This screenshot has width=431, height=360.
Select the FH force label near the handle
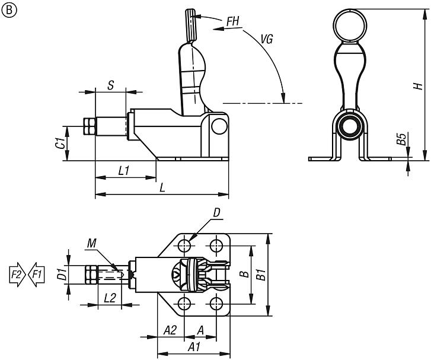click(x=233, y=21)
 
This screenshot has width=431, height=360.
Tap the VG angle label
click(x=267, y=40)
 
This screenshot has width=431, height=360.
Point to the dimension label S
click(x=110, y=85)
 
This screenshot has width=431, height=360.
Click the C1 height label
click(x=59, y=143)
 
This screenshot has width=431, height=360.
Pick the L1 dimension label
click(x=124, y=171)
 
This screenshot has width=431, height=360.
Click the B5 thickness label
click(x=401, y=139)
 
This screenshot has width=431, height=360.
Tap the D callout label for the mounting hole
click(x=216, y=212)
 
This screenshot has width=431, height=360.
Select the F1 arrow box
click(x=36, y=275)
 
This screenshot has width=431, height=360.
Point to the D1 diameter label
click(x=60, y=275)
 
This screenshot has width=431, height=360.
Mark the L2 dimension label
click(x=109, y=298)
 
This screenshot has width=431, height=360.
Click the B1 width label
click(x=276, y=275)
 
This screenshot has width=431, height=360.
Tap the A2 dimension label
click(x=170, y=329)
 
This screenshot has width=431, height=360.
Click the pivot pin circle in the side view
click(x=219, y=126)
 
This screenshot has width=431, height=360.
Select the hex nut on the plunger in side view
click(x=90, y=128)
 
